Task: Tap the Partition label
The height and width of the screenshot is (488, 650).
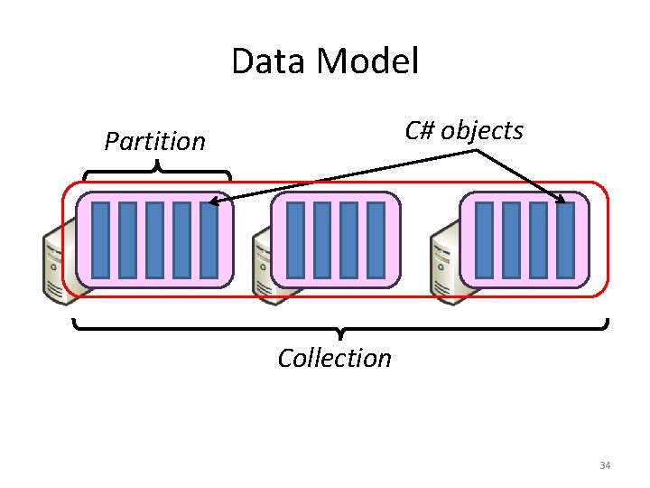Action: click(x=154, y=141)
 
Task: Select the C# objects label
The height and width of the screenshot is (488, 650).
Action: click(x=464, y=130)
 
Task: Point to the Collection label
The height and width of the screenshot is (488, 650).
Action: click(x=334, y=358)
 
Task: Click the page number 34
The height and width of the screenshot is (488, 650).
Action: click(x=605, y=465)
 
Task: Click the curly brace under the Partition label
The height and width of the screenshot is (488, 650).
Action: click(x=157, y=169)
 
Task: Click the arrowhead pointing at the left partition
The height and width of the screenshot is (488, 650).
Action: click(x=214, y=203)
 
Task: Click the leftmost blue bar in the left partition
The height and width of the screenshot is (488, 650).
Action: click(x=100, y=239)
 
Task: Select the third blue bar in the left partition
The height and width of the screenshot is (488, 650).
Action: click(x=154, y=239)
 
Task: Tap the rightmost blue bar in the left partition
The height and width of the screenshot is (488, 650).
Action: click(x=209, y=239)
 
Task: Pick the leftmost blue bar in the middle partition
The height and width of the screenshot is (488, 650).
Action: click(x=294, y=239)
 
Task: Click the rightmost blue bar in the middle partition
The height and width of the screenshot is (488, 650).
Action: click(x=376, y=239)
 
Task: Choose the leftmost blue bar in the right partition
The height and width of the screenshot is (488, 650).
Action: click(x=484, y=239)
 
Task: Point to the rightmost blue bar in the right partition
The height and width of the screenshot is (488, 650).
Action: click(x=565, y=239)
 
